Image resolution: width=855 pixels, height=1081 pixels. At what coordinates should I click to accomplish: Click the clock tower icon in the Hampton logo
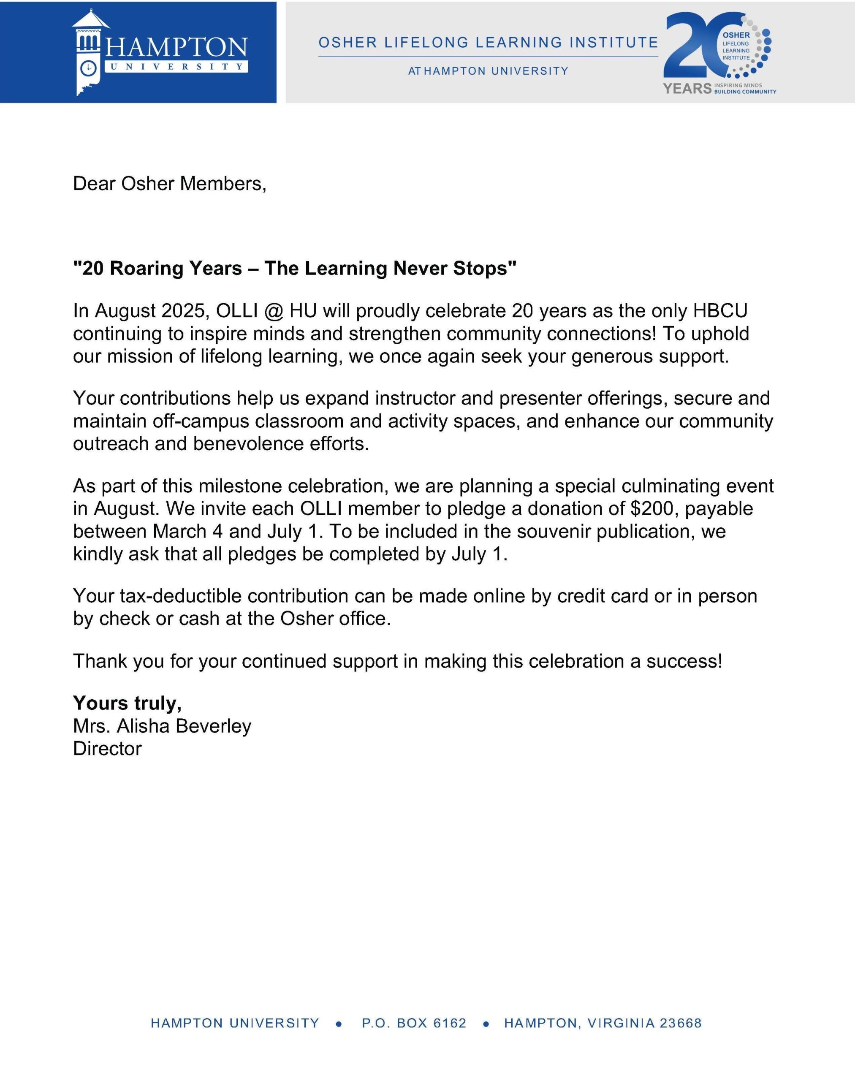click(x=89, y=53)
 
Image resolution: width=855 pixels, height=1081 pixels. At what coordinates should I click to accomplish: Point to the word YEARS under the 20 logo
click(x=687, y=89)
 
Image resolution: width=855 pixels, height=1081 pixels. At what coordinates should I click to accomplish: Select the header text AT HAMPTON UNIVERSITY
click(x=488, y=71)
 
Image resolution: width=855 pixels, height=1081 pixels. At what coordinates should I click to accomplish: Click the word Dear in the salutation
click(x=94, y=184)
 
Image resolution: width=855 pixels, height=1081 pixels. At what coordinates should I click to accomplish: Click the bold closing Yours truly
click(x=127, y=703)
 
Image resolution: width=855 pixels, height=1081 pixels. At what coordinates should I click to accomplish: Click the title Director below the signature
click(x=107, y=749)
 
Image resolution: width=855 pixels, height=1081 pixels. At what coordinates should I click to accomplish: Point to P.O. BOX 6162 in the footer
click(x=414, y=1023)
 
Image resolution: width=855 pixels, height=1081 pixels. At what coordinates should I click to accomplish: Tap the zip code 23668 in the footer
click(x=680, y=1023)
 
